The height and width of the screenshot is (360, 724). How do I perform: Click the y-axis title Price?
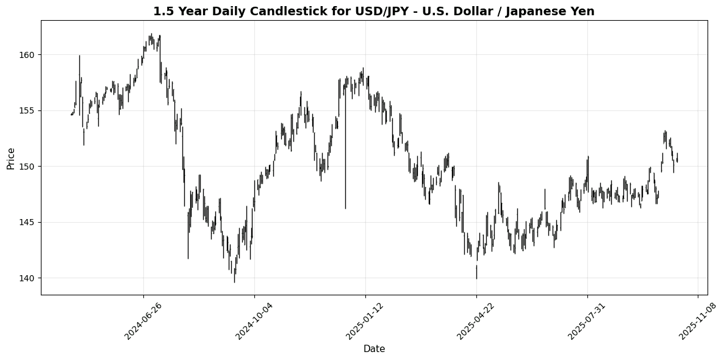click(x=11, y=157)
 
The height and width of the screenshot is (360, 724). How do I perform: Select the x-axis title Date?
click(x=374, y=349)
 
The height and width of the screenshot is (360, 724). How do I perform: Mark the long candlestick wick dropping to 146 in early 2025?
click(x=345, y=153)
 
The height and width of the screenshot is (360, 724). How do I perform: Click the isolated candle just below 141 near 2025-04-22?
click(x=476, y=272)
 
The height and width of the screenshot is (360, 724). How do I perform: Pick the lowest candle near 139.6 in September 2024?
click(x=234, y=277)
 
